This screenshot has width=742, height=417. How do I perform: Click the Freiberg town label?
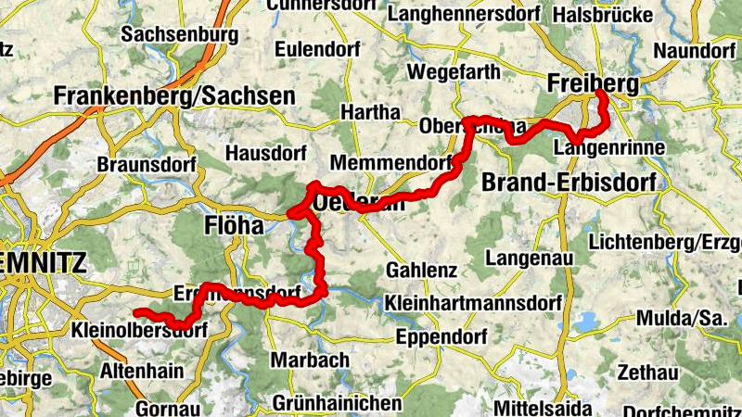coord(593,83)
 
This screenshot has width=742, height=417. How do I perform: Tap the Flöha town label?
coord(233,225)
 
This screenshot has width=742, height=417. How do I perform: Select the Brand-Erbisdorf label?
coord(569,183)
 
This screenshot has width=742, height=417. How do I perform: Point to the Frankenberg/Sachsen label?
coord(174,95)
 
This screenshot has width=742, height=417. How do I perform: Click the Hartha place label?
coord(369,112)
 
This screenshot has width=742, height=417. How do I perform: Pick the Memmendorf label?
coord(391,163)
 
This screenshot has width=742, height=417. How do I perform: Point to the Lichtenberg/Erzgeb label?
coord(665,244)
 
